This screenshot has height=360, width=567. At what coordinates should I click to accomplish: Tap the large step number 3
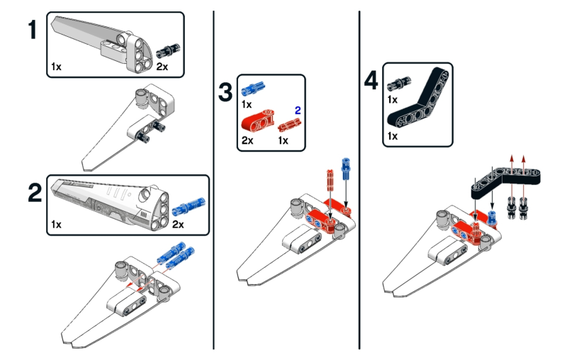[x=225, y=92]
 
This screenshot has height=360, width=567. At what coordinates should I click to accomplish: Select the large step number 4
[x=371, y=80]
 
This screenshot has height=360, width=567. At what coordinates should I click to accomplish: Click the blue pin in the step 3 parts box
[x=252, y=90]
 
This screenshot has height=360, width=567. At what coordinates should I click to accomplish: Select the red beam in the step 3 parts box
[x=259, y=120]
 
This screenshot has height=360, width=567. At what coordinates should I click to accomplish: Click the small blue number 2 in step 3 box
[x=298, y=110]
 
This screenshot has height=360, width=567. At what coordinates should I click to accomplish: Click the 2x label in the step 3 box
[x=248, y=140]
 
